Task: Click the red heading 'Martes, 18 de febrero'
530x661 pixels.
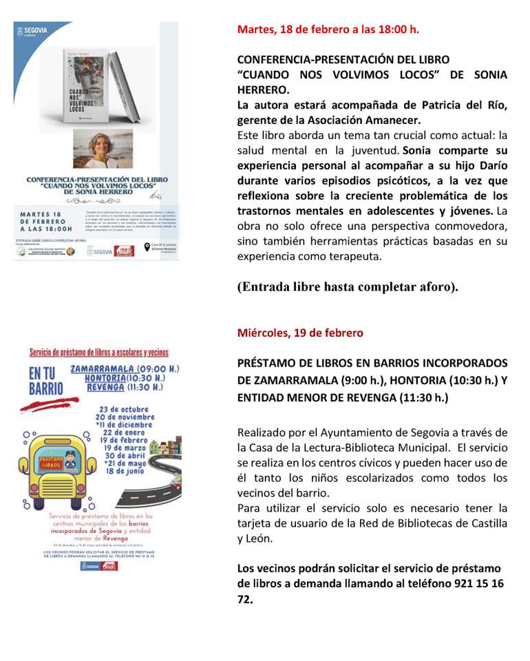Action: click(328, 30)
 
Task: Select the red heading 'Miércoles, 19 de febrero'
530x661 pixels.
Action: click(300, 333)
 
